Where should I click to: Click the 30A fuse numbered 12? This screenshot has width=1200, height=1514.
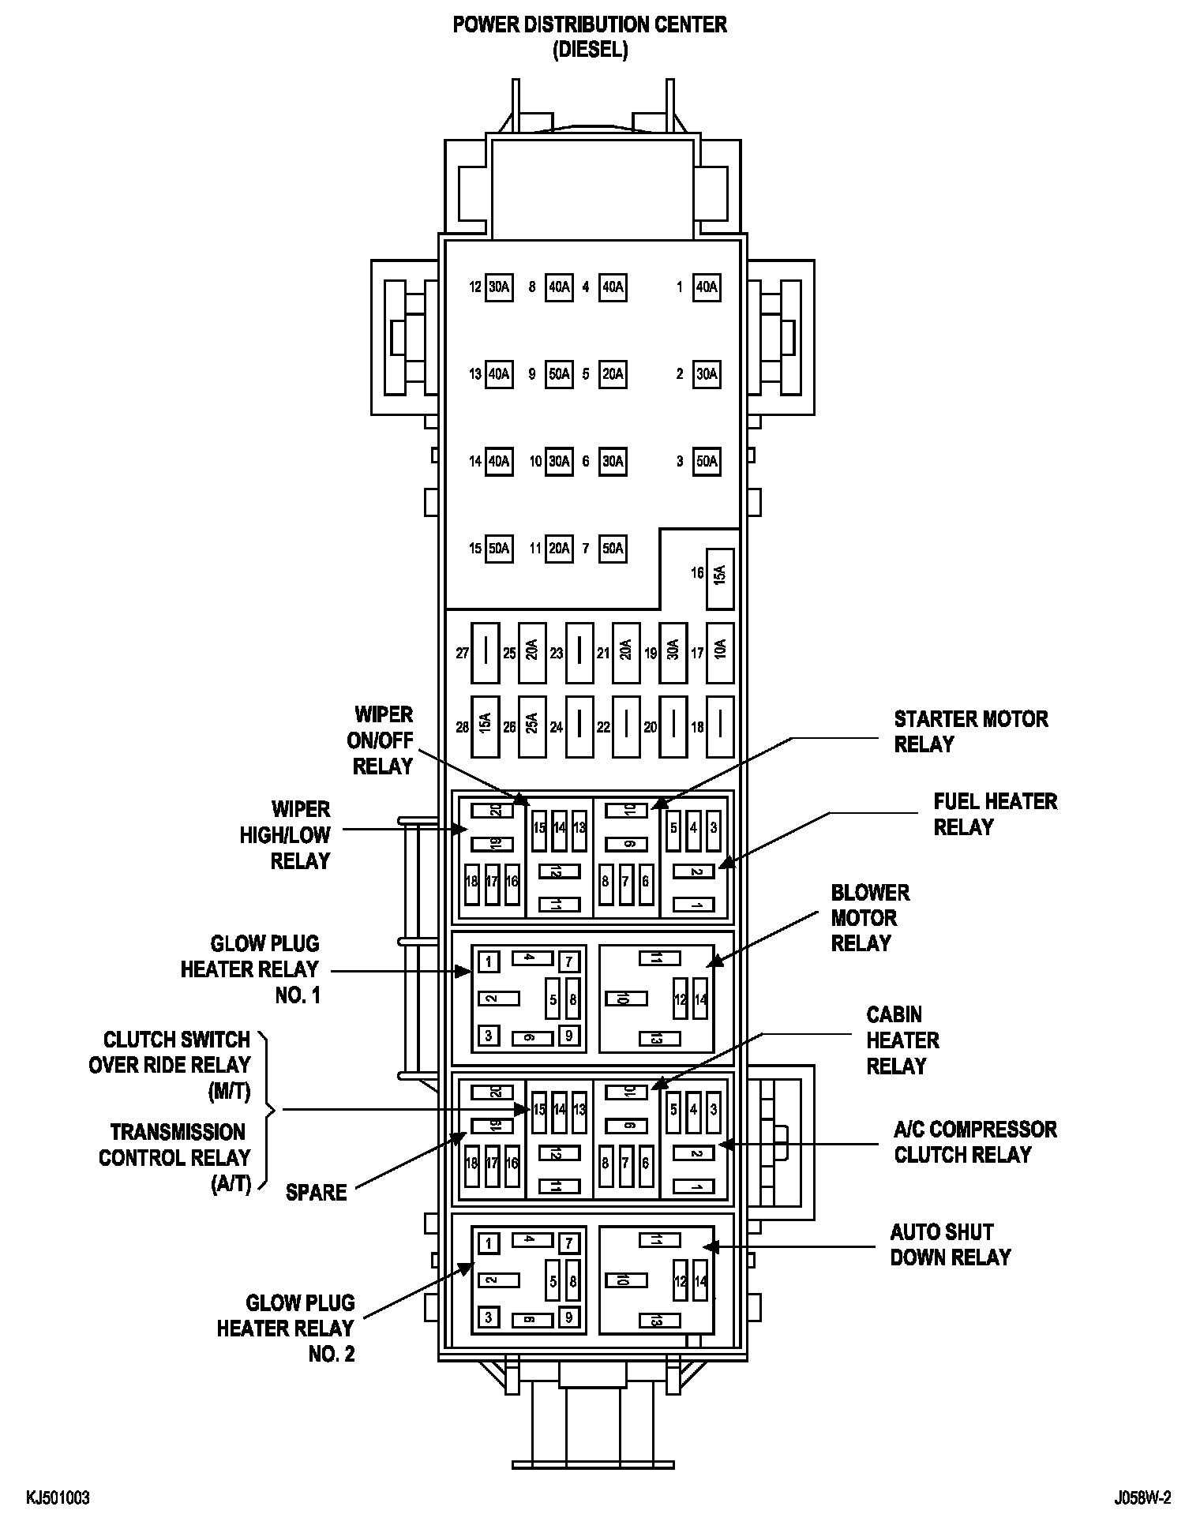(498, 287)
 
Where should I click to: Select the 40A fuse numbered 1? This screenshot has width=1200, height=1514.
(707, 287)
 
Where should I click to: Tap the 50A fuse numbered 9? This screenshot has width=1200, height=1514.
(559, 374)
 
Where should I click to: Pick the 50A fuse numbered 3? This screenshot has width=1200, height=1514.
(707, 461)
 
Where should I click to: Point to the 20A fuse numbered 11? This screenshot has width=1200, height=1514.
(559, 548)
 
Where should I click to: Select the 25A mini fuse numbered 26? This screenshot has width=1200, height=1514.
(532, 723)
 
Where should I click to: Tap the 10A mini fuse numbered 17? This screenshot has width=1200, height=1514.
(719, 652)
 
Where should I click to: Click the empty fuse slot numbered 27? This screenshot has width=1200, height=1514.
(486, 652)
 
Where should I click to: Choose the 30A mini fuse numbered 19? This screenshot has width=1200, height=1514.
(673, 652)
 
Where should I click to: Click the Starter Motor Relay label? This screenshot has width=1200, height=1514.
(970, 732)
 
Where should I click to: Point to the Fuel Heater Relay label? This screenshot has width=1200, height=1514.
(995, 815)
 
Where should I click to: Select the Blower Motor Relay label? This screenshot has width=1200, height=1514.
(869, 918)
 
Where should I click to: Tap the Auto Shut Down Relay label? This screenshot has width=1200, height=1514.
(950, 1245)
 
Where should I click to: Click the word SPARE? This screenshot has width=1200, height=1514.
(317, 1193)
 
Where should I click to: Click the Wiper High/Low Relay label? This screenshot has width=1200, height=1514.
(285, 835)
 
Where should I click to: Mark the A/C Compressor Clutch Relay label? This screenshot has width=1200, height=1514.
(974, 1142)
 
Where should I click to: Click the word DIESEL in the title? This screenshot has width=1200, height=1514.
(590, 50)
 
